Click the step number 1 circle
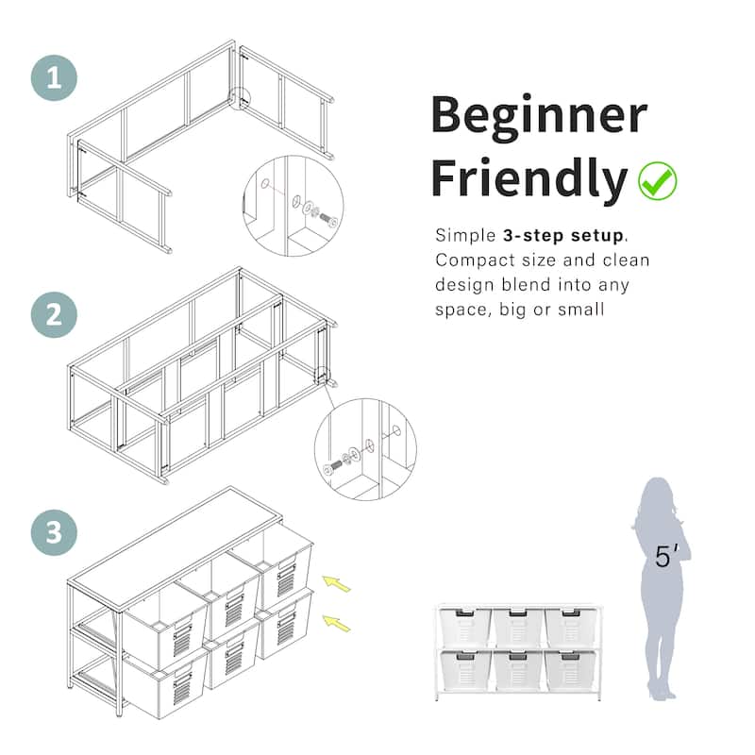pyautogui.click(x=54, y=77)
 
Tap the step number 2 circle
pyautogui.click(x=54, y=314)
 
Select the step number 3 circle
pyautogui.click(x=54, y=532)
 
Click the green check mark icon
pyautogui.click(x=657, y=180)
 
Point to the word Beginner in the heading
pyautogui.click(x=539, y=115)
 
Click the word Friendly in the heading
pyautogui.click(x=528, y=178)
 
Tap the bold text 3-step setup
pyautogui.click(x=562, y=235)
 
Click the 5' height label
pyautogui.click(x=666, y=556)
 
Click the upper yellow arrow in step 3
pyautogui.click(x=336, y=583)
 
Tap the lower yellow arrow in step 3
pyautogui.click(x=336, y=623)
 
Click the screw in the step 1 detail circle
pyautogui.click(x=328, y=219)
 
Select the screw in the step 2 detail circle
pyautogui.click(x=332, y=466)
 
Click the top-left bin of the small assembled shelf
pyautogui.click(x=465, y=626)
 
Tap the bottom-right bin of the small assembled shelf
pyautogui.click(x=571, y=670)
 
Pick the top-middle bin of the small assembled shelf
pyautogui.click(x=518, y=626)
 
